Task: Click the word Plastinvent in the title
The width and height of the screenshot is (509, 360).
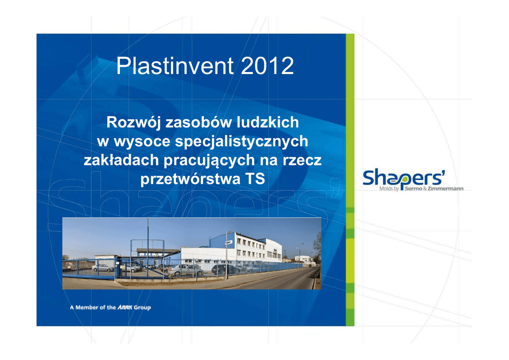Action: coord(174,66)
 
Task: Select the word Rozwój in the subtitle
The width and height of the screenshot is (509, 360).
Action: coord(133,123)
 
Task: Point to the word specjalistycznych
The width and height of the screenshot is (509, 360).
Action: coord(242,142)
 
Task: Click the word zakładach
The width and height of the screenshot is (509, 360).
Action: coord(121,160)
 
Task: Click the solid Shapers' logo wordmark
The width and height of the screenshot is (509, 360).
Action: coord(404,178)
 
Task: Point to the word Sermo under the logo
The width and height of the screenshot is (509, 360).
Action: coord(414,188)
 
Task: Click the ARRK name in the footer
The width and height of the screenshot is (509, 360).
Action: coord(125,307)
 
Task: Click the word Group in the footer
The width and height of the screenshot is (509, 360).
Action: coord(142,307)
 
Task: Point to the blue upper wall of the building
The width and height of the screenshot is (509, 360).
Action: coord(221,241)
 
